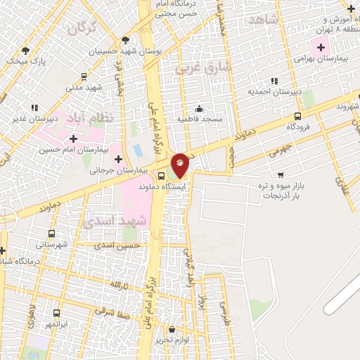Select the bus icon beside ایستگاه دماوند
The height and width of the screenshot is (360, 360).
[x=162, y=176]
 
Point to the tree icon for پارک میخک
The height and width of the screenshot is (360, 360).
[x=26, y=51]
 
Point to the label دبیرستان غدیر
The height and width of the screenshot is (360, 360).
[x=34, y=119]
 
